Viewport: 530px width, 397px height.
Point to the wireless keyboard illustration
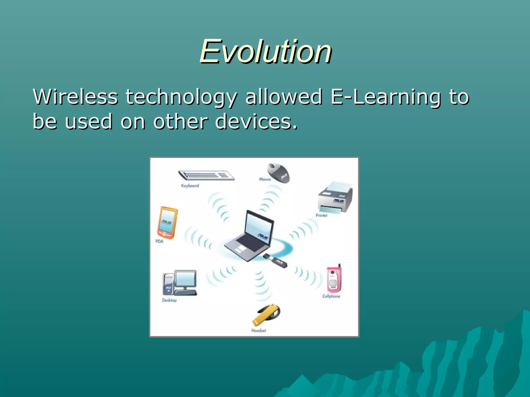(x=207, y=175)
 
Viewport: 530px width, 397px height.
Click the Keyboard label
(x=190, y=186)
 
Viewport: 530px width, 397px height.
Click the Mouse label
(x=265, y=179)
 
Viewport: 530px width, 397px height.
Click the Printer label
(x=321, y=215)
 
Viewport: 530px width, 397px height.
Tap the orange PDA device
(x=167, y=223)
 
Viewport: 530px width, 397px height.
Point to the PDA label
(x=159, y=241)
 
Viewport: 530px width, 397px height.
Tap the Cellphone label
(x=331, y=296)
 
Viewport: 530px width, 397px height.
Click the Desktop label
(x=169, y=300)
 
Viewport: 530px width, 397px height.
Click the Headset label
(x=259, y=330)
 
